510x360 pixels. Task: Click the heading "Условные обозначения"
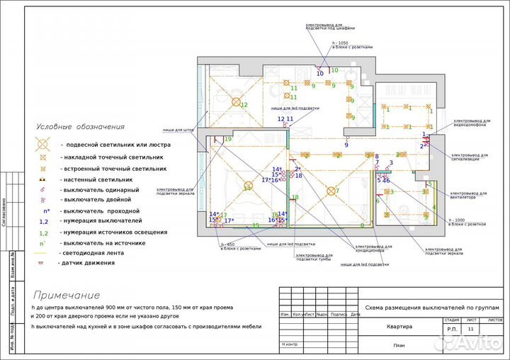coord(81,126)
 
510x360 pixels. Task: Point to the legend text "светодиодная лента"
coord(98,253)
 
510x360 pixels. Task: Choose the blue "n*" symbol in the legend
coord(45,210)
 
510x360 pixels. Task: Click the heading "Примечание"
coord(66,295)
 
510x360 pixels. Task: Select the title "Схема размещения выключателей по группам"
coord(431,308)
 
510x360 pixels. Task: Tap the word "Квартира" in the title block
coord(398,326)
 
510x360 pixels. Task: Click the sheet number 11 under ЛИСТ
coord(472,330)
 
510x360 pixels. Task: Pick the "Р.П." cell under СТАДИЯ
coord(452,330)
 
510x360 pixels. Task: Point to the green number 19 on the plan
coord(227,140)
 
